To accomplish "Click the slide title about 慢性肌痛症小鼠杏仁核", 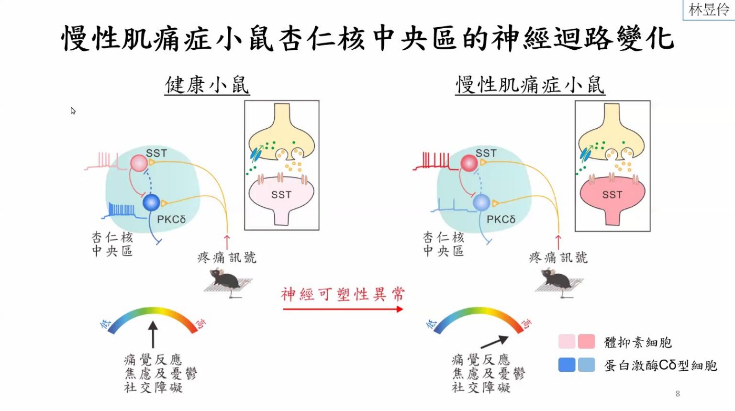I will pos(367,38).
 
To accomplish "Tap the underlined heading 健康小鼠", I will pos(207,85).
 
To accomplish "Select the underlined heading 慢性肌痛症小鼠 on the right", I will pos(530,85).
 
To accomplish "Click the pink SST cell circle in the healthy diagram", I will pos(139,163).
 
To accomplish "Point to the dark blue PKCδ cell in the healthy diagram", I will pos(151,202).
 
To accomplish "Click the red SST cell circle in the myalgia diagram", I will pos(469,163).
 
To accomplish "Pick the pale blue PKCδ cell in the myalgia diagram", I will pos(481,202).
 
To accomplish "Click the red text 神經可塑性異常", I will pos(343,294).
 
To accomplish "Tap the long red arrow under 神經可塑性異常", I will pos(343,309).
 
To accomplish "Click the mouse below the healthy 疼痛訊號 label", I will pos(226,279).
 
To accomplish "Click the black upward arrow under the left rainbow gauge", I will pos(153,334).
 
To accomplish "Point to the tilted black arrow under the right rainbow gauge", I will pos(494,342).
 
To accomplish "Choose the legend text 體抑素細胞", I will pos(638,343).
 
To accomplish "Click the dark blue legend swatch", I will pos(567,365).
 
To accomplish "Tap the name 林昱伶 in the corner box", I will pos(709,10).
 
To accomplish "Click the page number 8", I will pos(678,394).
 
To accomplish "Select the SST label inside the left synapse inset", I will pos(281,195).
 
